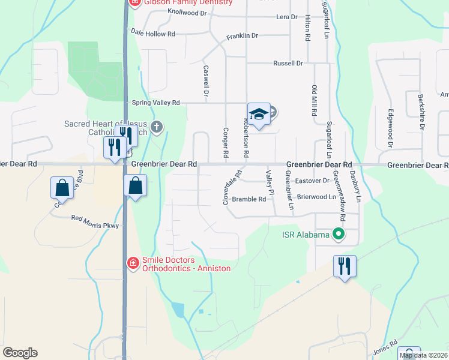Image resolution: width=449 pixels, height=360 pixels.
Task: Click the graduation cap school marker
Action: click(258, 115)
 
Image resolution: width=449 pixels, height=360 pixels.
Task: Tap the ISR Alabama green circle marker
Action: click(339, 235)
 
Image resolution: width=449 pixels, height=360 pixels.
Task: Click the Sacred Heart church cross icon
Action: click(157, 127)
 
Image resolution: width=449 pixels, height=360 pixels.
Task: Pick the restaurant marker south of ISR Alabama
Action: click(345, 265)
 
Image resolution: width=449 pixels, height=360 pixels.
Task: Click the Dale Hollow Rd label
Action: click(152, 34)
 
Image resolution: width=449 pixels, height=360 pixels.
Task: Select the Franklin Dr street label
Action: click(242, 36)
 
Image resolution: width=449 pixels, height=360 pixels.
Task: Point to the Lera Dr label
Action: click(286, 17)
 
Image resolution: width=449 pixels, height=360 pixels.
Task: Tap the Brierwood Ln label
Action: click(316, 196)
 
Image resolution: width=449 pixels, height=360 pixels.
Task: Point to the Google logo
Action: click(20, 353)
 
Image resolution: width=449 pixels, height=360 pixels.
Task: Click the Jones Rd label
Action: click(385, 346)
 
